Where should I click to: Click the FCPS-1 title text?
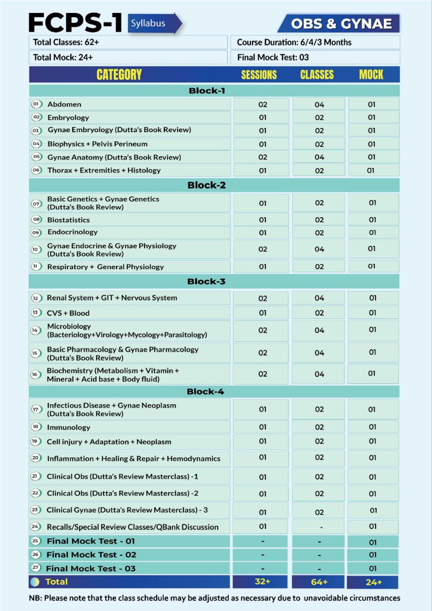point(76,23)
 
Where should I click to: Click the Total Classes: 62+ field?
point(128,42)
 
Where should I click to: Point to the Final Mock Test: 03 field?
point(315,57)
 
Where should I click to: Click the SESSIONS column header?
point(259,74)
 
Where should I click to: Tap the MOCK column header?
point(371,74)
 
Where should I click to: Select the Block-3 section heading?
point(206,281)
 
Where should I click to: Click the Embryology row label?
point(68,117)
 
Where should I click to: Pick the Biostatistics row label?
point(68,220)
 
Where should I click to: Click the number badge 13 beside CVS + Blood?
point(35,313)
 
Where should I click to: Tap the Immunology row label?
point(68,427)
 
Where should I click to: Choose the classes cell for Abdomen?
point(319,105)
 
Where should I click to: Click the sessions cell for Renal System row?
point(263,298)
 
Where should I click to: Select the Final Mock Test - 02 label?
point(91,555)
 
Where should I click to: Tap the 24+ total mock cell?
point(373,582)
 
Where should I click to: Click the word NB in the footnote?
point(35,598)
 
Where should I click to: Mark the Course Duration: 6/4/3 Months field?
point(315,42)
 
